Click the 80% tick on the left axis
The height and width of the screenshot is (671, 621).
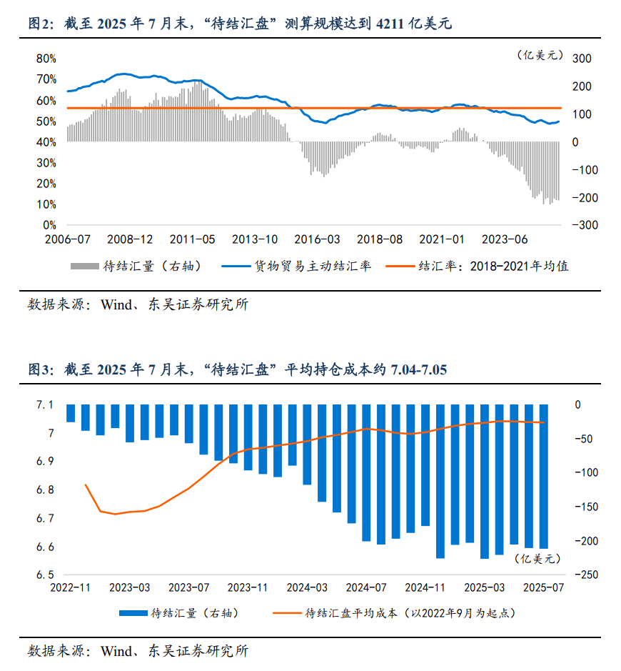tap(46, 59)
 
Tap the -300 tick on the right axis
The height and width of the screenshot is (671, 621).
tap(579, 225)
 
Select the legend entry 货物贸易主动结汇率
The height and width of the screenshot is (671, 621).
tap(312, 267)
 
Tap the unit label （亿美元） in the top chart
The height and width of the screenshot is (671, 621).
tap(540, 54)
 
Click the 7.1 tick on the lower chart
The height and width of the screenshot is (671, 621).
tap(44, 405)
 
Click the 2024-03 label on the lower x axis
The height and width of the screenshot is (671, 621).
tap(307, 587)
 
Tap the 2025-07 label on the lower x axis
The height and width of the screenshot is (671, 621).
tap(545, 587)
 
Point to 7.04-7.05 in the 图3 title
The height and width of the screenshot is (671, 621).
tap(418, 370)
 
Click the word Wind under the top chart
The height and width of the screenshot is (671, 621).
tap(116, 304)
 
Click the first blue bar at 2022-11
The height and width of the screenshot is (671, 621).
tap(71, 413)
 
